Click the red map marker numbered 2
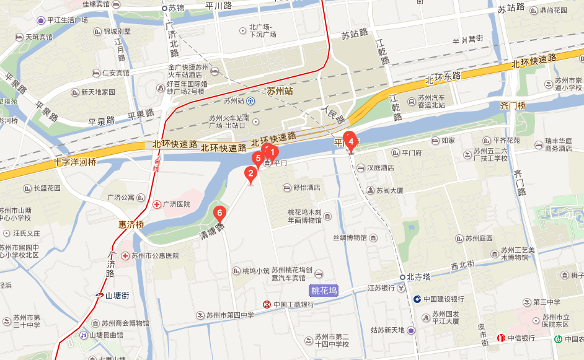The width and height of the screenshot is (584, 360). click(250, 174)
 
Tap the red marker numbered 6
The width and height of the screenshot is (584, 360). click(219, 214)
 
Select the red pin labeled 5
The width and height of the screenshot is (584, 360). click(257, 158)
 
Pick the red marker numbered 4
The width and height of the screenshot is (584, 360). click(351, 142)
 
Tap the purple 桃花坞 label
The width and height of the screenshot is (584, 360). click(324, 291)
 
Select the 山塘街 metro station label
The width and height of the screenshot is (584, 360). click(116, 296)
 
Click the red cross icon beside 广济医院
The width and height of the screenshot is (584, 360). click(156, 204)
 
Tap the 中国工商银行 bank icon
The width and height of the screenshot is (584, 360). click(266, 304)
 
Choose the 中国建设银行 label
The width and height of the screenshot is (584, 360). click(443, 299)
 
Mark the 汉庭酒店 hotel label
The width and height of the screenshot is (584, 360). click(381, 167)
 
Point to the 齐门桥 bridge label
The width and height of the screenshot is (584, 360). click(512, 105)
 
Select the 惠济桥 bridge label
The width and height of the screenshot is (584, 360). click(131, 224)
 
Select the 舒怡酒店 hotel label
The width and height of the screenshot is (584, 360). click(306, 188)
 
